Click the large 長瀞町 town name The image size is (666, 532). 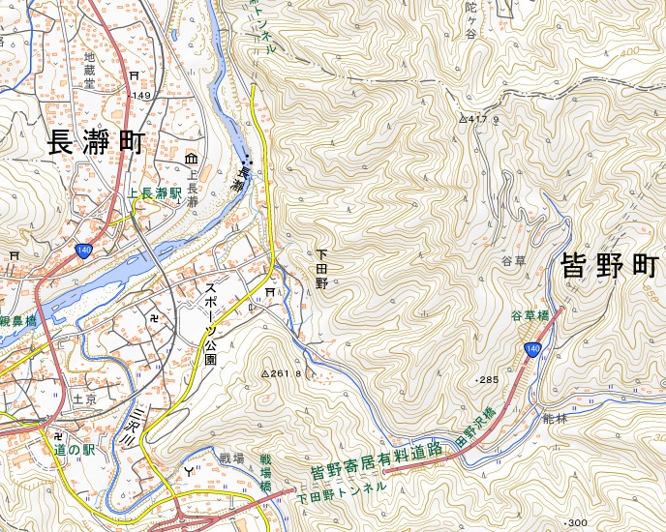click(x=96, y=143)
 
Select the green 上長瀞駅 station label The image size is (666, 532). click(x=155, y=193)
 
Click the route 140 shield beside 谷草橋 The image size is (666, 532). click(x=531, y=348)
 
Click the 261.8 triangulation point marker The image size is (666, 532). click(x=266, y=373)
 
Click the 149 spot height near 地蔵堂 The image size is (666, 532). click(x=141, y=96)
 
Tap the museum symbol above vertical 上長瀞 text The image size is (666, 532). click(x=191, y=158)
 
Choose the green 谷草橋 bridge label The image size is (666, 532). click(x=530, y=316)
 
